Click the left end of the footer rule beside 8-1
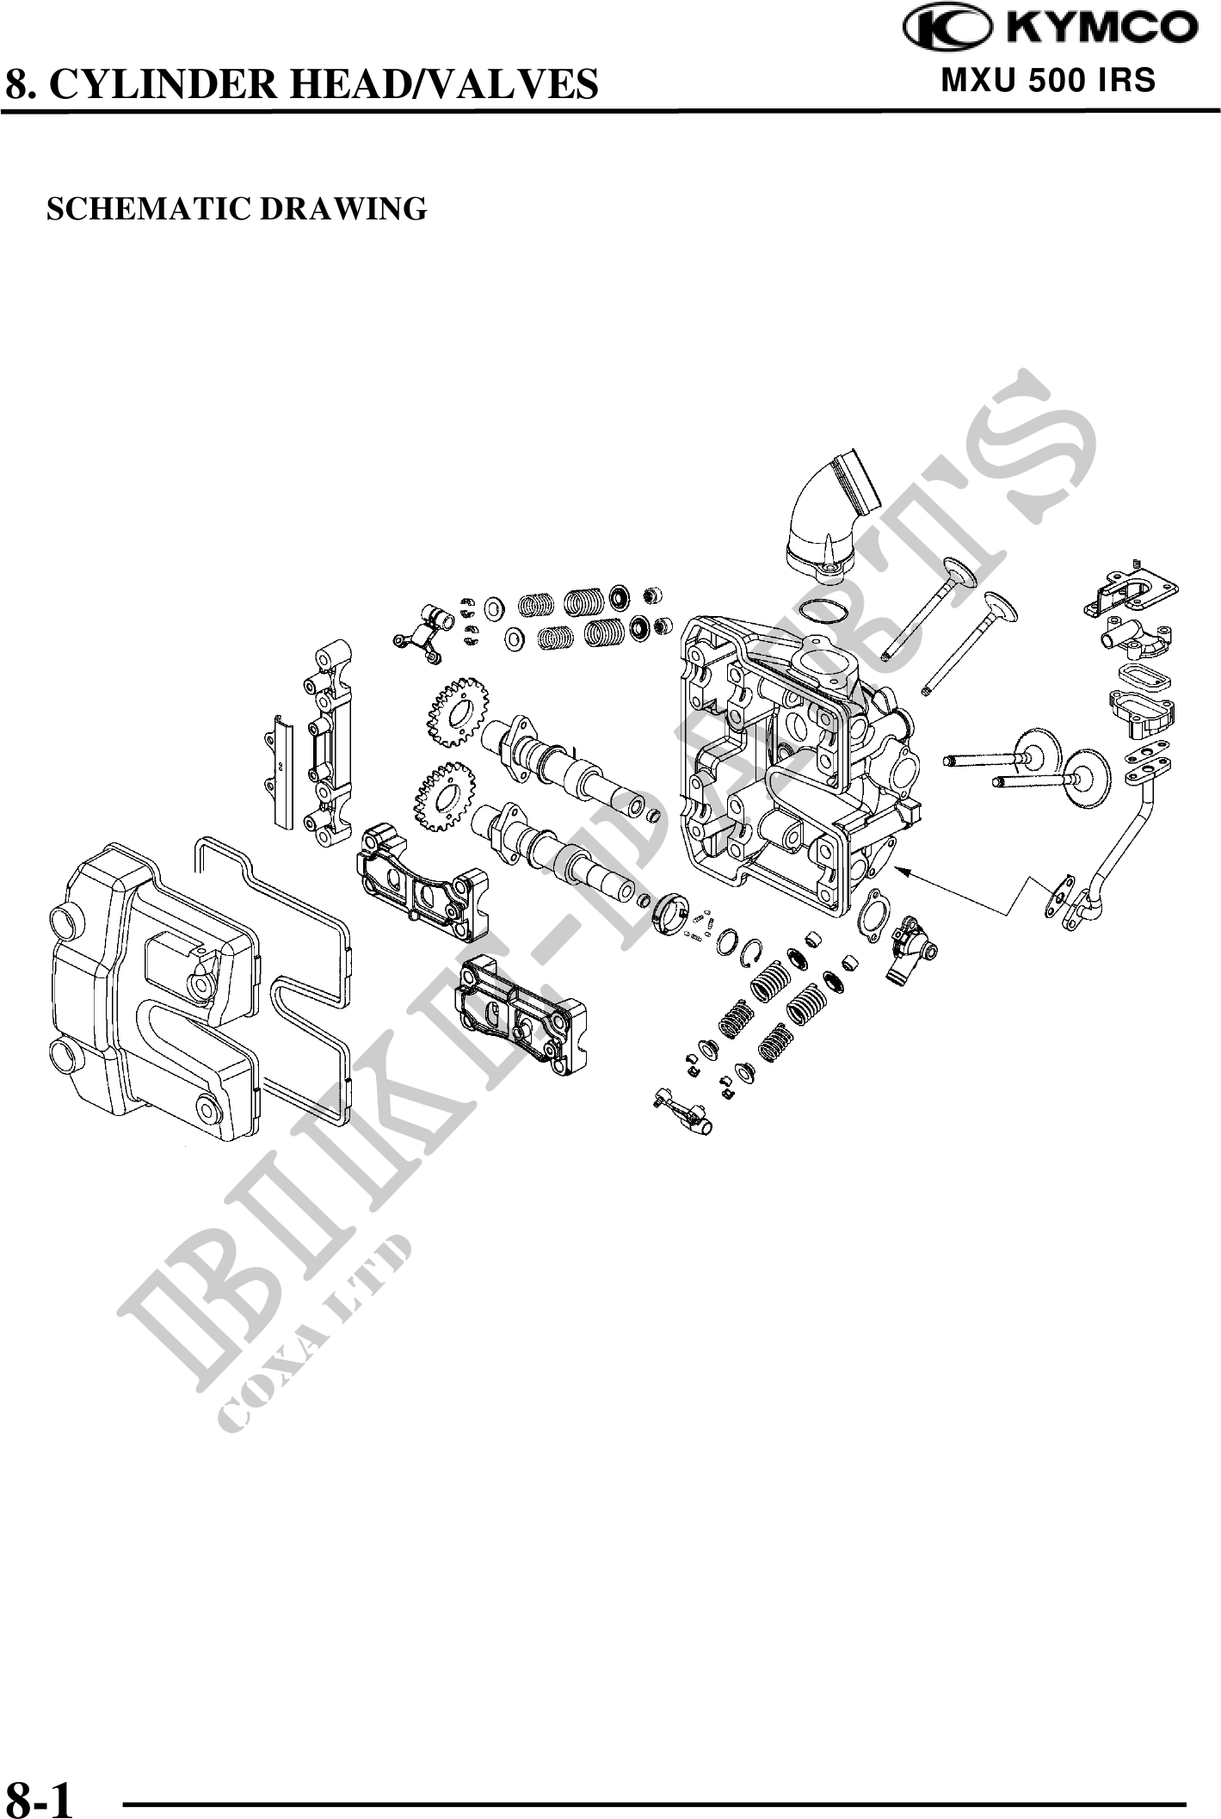pos(126,1777)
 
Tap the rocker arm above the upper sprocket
pos(421,635)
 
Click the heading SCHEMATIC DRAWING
pos(237,209)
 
